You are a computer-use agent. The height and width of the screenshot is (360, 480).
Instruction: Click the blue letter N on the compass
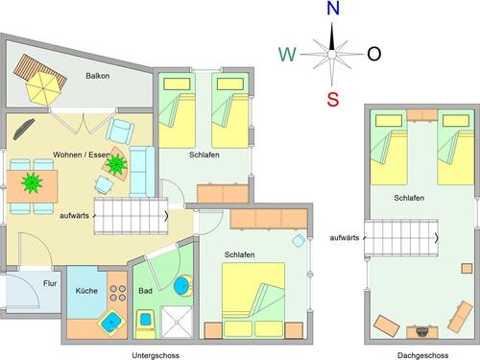pyautogui.click(x=333, y=9)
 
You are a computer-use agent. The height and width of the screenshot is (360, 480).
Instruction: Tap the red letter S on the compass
pyautogui.click(x=333, y=99)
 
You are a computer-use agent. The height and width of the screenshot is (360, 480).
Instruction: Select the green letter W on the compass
pyautogui.click(x=287, y=54)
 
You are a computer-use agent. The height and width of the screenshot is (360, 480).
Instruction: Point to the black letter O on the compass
pyautogui.click(x=373, y=54)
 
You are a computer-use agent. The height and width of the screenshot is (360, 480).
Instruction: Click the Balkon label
pyautogui.click(x=98, y=76)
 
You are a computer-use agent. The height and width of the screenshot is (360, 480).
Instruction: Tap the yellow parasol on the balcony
pyautogui.click(x=43, y=88)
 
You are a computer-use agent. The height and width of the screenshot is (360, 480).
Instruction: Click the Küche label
pyautogui.click(x=86, y=291)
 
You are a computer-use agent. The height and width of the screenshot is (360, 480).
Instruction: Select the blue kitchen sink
pyautogui.click(x=111, y=322)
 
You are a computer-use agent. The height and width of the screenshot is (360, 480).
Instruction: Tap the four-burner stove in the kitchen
pyautogui.click(x=118, y=293)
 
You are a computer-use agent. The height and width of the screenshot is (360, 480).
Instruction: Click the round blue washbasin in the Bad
pyautogui.click(x=183, y=285)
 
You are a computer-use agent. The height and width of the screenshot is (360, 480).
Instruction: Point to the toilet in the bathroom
pyautogui.click(x=146, y=324)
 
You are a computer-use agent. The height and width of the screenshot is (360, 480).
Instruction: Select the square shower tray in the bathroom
pyautogui.click(x=177, y=322)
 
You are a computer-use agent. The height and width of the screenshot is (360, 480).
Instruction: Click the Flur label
pyautogui.click(x=50, y=283)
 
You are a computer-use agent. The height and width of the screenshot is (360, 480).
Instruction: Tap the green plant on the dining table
pyautogui.click(x=32, y=183)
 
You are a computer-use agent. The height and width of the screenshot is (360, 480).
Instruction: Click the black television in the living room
pyautogui.click(x=24, y=129)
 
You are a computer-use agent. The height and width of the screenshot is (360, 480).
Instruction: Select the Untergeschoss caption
pyautogui.click(x=156, y=355)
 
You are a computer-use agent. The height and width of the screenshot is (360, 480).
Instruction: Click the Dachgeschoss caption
pyautogui.click(x=422, y=355)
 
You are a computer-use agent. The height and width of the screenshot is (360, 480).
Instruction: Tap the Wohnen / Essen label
pyautogui.click(x=82, y=155)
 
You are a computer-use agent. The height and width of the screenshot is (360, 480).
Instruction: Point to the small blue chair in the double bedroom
pyautogui.click(x=299, y=240)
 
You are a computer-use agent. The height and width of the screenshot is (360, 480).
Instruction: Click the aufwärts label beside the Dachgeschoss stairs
pyautogui.click(x=345, y=238)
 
